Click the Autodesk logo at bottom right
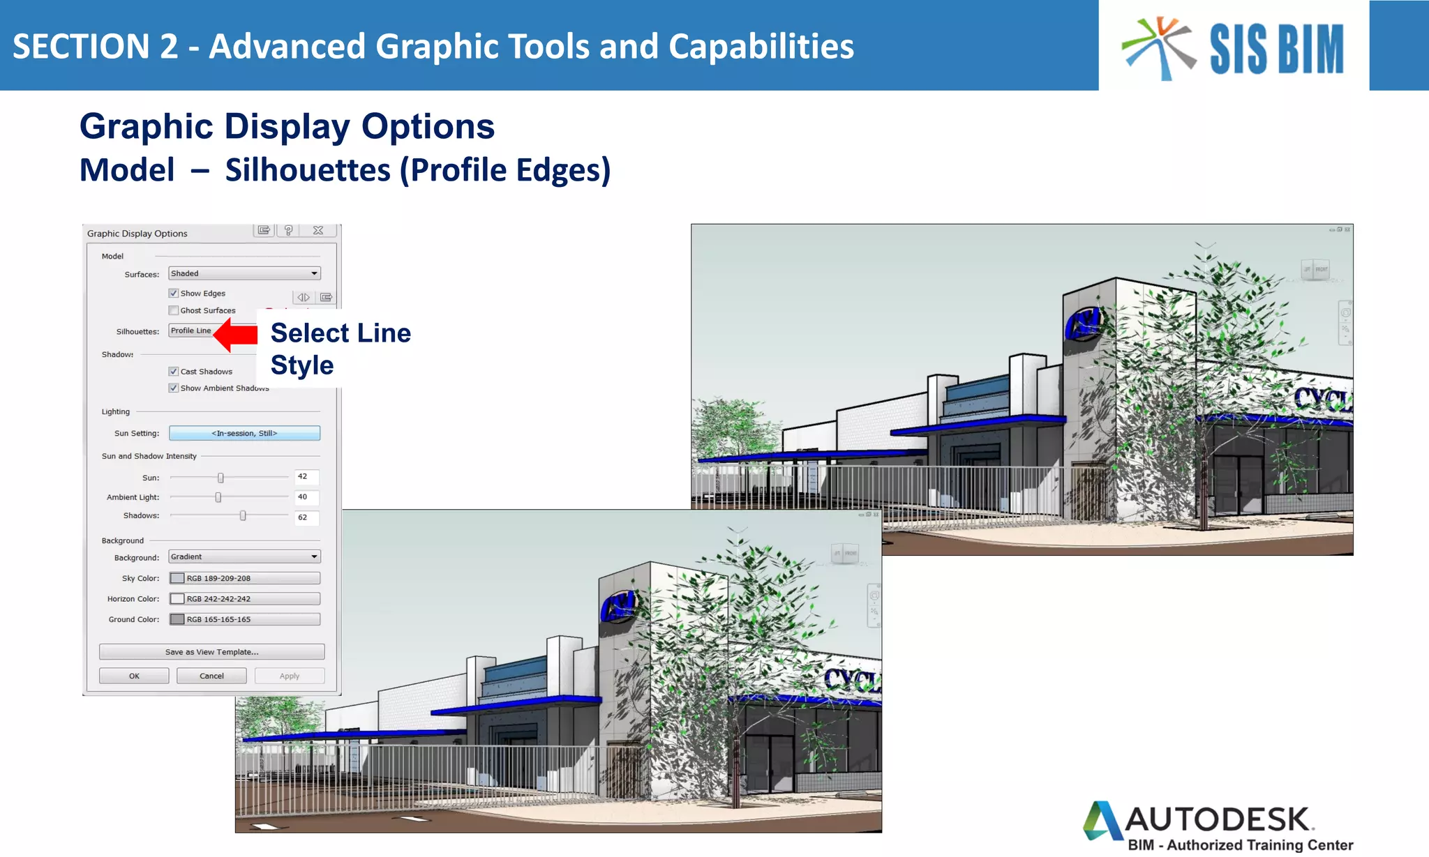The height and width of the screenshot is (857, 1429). point(1218,826)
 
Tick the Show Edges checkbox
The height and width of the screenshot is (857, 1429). point(174,294)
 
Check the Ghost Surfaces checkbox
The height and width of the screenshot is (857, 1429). point(174,311)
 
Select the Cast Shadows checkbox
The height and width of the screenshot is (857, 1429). point(174,372)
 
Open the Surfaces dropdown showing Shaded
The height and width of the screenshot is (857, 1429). point(244,274)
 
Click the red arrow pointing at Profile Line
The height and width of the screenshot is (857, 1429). point(236,335)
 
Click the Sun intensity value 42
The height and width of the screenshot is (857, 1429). point(306,477)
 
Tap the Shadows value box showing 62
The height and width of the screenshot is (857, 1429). point(306,517)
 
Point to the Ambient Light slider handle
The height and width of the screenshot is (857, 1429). point(218,497)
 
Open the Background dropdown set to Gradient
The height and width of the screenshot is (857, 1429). point(244,557)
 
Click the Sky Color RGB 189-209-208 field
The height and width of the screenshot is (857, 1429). point(244,578)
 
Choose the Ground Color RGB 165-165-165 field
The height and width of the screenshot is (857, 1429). point(244,619)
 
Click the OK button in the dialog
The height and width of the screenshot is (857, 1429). point(134,676)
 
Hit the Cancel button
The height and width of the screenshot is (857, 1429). point(211,676)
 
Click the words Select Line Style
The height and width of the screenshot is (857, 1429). point(340,349)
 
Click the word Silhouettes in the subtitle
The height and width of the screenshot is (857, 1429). point(308,171)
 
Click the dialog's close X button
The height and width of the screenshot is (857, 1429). point(318,231)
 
